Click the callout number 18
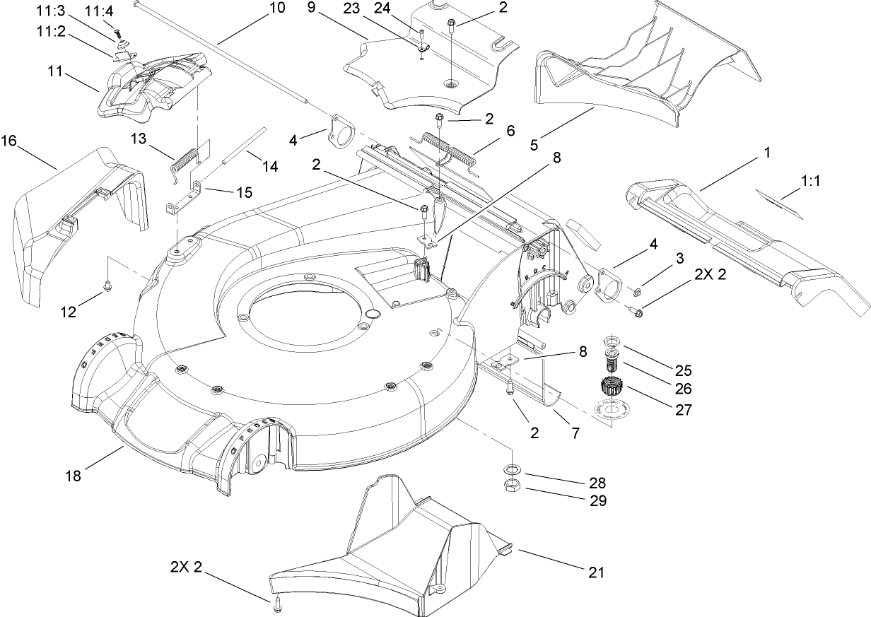point(74,476)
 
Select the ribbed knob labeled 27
point(609,388)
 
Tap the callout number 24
point(402,8)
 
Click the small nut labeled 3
point(637,292)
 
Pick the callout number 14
point(269,166)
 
